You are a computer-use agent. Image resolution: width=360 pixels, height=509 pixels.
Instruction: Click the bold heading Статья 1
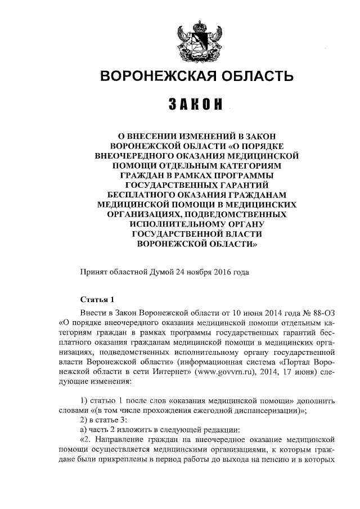point(97,299)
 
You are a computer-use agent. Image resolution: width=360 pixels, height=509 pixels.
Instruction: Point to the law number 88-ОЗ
point(324,312)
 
